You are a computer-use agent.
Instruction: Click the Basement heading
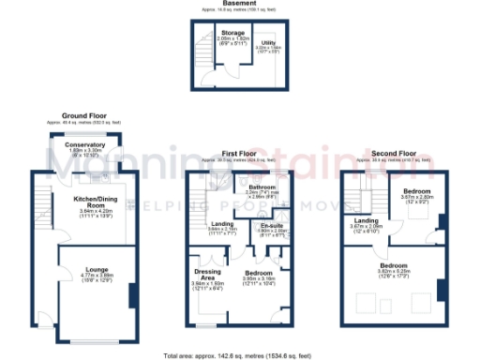240,4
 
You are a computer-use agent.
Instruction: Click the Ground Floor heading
82,115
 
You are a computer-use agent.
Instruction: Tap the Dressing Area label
207,273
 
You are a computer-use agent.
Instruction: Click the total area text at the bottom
240,355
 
